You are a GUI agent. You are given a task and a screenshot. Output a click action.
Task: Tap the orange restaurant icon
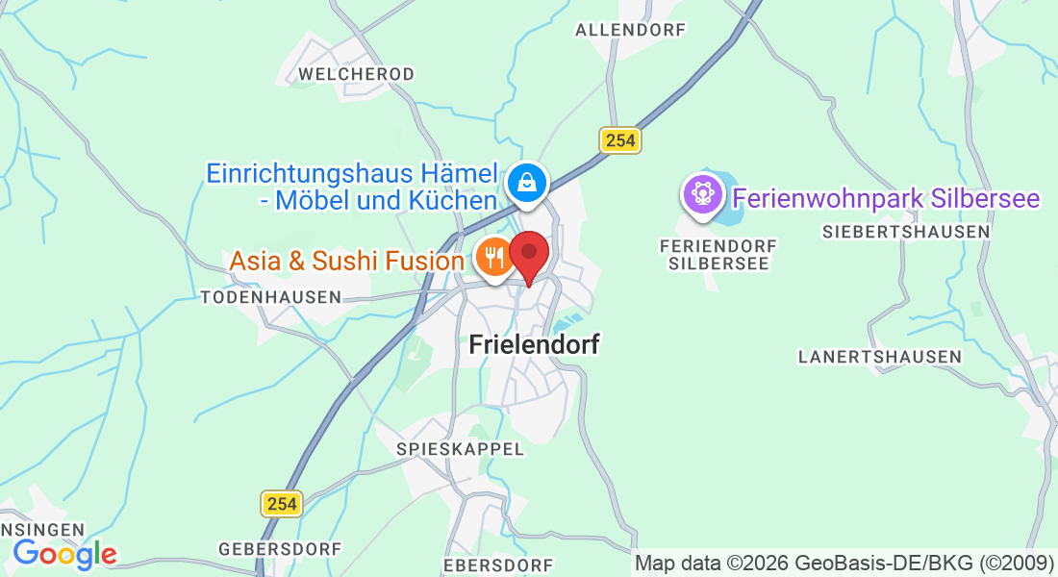[494, 258]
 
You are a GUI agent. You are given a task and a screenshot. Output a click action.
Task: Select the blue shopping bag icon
[526, 181]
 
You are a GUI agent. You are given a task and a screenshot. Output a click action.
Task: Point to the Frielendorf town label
[535, 344]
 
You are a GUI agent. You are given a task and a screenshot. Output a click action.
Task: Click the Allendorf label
[630, 30]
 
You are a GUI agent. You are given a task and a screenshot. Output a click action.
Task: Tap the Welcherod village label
[356, 74]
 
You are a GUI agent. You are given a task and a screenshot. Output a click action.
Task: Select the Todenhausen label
[271, 297]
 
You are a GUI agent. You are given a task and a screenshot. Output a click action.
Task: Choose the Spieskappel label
[461, 449]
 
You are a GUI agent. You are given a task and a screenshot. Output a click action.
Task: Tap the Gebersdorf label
[280, 548]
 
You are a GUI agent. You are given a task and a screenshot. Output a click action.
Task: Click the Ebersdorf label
[498, 564]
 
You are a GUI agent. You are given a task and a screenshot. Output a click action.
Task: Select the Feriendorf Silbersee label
[718, 254]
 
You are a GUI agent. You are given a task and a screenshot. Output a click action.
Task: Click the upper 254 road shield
[620, 140]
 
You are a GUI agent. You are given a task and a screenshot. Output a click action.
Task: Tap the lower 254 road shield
[282, 503]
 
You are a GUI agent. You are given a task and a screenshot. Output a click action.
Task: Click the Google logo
[64, 554]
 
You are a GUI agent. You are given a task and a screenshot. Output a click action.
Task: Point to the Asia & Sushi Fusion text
[346, 261]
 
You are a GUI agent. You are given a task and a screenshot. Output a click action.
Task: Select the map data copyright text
[844, 563]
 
